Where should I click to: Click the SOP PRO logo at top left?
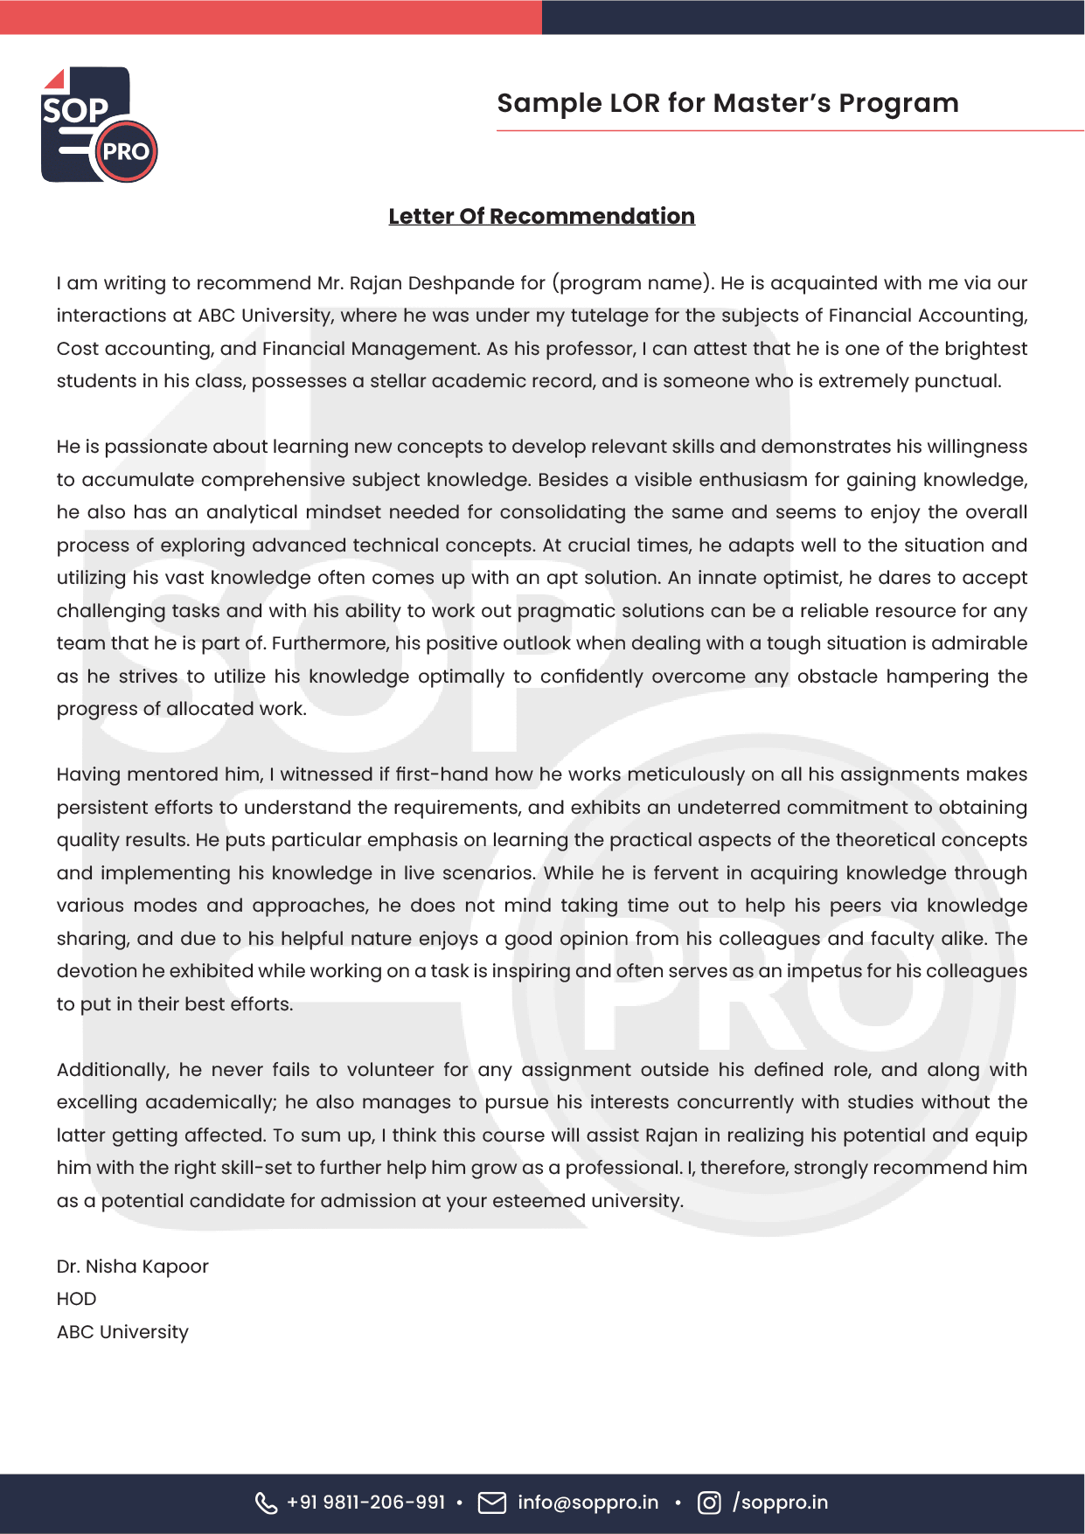point(99,125)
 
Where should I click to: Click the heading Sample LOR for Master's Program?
point(727,103)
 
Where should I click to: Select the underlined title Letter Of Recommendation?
point(541,216)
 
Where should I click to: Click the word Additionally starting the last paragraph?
point(112,1070)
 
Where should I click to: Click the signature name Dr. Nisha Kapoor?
point(132,1267)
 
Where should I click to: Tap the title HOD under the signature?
point(76,1299)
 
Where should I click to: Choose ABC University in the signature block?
point(122,1332)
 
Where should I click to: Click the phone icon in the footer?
point(266,1503)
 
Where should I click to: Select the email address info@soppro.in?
point(588,1503)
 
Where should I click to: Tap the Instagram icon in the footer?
point(709,1503)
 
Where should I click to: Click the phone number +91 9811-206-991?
point(365,1503)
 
